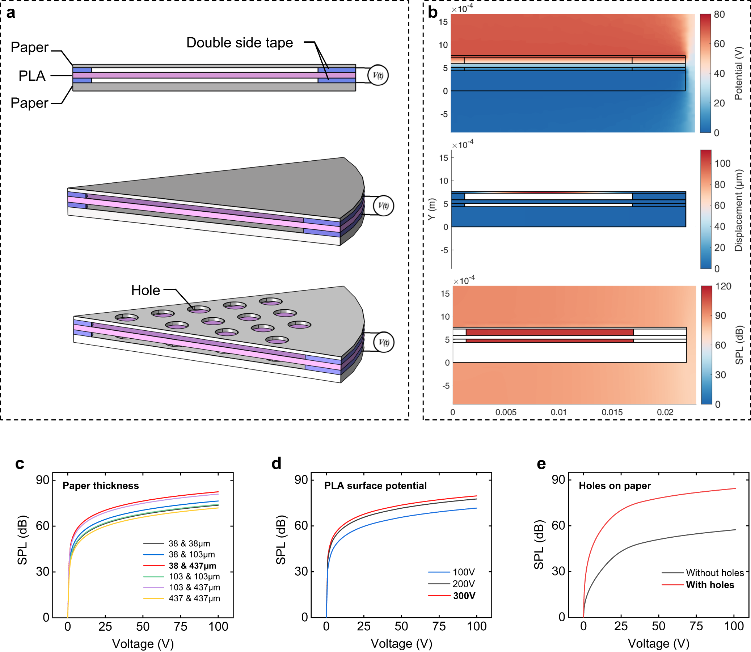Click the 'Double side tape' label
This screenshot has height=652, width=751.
pyautogui.click(x=240, y=43)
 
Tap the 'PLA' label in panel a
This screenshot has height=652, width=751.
pyautogui.click(x=32, y=76)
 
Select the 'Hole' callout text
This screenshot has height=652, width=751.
pyautogui.click(x=145, y=290)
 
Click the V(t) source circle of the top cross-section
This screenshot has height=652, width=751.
pyautogui.click(x=378, y=75)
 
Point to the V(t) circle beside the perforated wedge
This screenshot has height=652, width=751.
pyautogui.click(x=384, y=342)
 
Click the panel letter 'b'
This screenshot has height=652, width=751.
pyautogui.click(x=433, y=13)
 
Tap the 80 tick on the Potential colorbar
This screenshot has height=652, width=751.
pyautogui.click(x=720, y=14)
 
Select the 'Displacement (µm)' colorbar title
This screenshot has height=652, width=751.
pyautogui.click(x=738, y=210)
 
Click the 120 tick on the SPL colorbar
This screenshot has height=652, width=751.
pyautogui.click(x=723, y=286)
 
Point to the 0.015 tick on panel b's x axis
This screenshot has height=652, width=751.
pyautogui.click(x=612, y=412)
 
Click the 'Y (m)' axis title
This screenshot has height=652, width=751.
pyautogui.click(x=431, y=209)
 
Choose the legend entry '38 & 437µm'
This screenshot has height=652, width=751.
pyautogui.click(x=193, y=566)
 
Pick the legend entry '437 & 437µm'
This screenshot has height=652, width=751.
pyautogui.click(x=194, y=598)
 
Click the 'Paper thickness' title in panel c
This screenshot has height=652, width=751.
pyautogui.click(x=101, y=486)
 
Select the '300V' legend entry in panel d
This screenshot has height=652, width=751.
pyautogui.click(x=464, y=596)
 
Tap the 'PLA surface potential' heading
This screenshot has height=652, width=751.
pyautogui.click(x=376, y=486)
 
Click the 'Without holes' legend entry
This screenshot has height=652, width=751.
pyautogui.click(x=715, y=573)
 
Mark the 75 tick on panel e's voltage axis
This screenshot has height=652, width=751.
pyautogui.click(x=696, y=626)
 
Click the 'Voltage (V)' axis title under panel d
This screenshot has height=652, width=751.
pyautogui.click(x=401, y=644)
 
